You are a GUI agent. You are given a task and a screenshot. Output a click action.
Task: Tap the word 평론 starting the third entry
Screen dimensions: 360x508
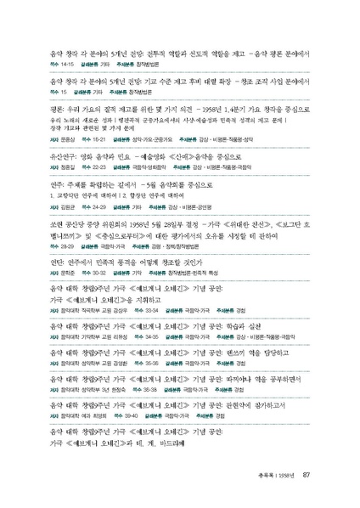58,108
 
